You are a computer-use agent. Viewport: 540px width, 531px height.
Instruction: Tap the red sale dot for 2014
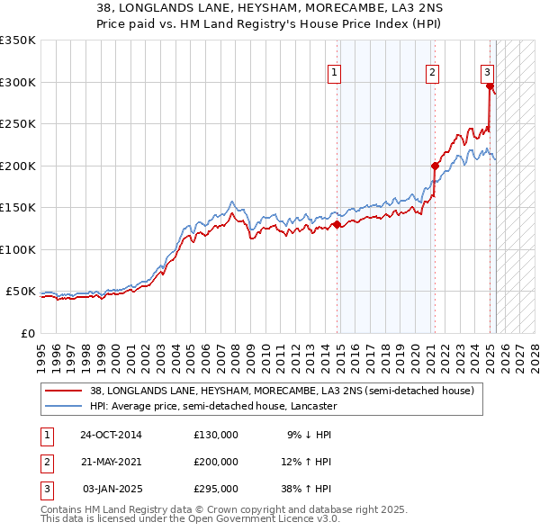(x=337, y=225)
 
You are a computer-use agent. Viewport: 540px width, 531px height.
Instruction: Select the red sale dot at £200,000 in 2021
(x=435, y=166)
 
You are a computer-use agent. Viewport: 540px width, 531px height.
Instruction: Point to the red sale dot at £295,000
(x=490, y=86)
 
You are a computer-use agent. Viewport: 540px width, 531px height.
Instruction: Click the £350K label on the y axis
(x=18, y=40)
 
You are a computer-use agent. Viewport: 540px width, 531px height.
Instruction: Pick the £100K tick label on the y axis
(x=18, y=249)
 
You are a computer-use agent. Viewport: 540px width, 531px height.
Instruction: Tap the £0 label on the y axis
(x=27, y=333)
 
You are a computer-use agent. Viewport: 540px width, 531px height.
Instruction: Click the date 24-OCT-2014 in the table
(x=110, y=435)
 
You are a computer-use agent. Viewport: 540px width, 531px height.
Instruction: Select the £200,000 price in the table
(x=215, y=462)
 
